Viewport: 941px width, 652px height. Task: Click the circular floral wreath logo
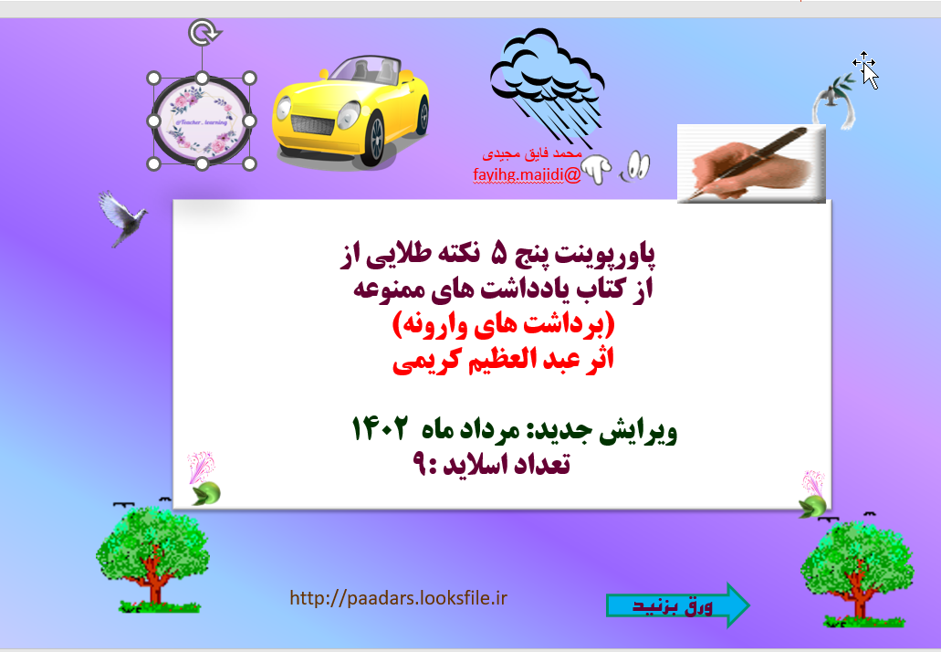[x=202, y=120]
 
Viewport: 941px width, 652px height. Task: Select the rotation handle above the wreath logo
[x=202, y=35]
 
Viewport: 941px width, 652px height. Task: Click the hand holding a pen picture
[x=750, y=163]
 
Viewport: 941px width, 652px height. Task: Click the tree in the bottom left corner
[x=146, y=558]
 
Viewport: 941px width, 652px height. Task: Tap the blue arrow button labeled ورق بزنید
[x=678, y=605]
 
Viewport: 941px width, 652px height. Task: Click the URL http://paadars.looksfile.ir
[x=398, y=599]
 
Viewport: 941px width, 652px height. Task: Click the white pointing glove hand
[x=597, y=167]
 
